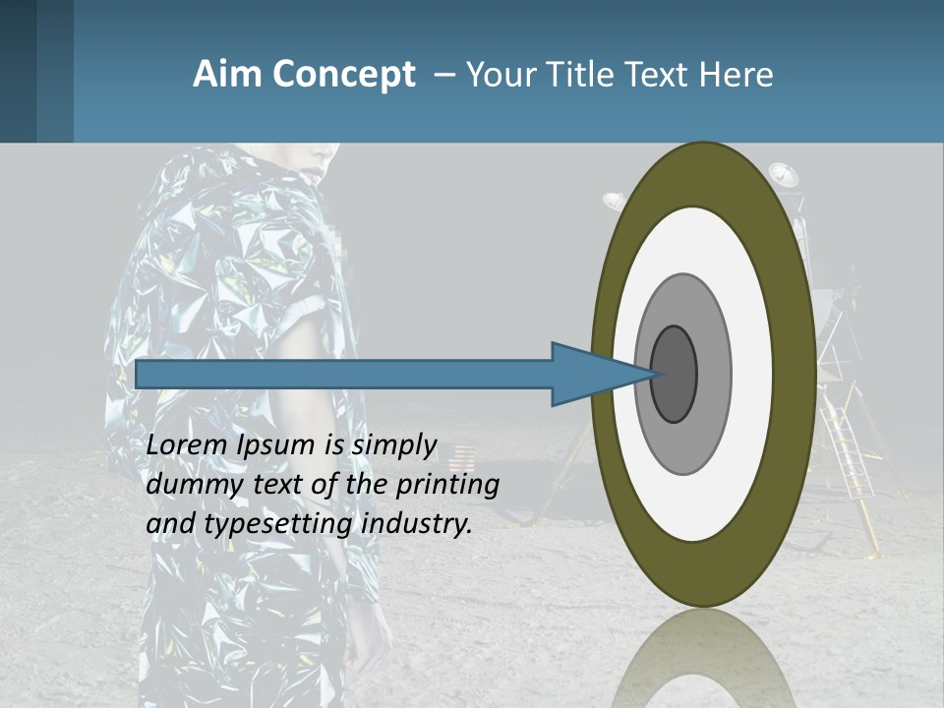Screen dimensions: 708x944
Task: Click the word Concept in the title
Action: click(343, 75)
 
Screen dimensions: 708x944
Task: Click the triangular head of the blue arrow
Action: click(590, 374)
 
